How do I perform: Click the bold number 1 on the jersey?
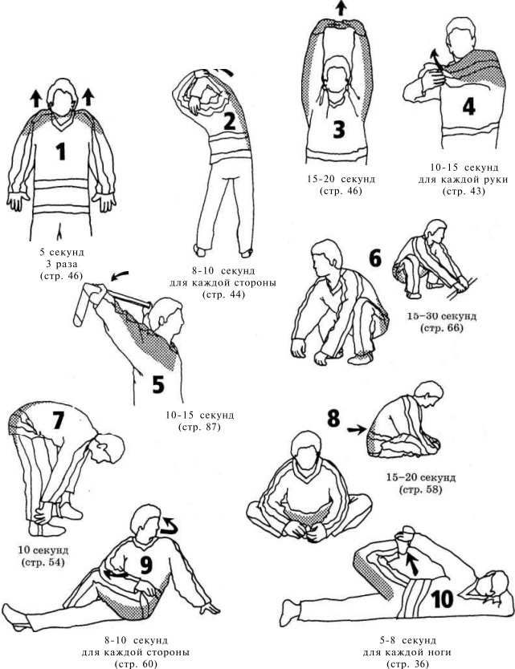click(61, 152)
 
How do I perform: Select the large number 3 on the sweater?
click(339, 129)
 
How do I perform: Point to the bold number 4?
click(469, 107)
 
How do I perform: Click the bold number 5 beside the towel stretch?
click(158, 384)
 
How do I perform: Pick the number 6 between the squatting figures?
click(375, 258)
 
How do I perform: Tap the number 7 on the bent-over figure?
click(58, 420)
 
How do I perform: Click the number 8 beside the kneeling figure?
click(333, 418)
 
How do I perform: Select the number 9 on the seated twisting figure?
click(146, 566)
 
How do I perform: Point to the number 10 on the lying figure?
click(442, 599)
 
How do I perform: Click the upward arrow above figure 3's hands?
click(340, 8)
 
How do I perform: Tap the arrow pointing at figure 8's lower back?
click(357, 430)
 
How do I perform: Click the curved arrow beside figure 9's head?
click(168, 525)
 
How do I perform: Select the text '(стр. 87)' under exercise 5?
click(199, 427)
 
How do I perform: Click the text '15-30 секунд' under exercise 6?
click(442, 316)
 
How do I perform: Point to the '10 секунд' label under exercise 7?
click(43, 550)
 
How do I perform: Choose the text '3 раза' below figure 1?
click(62, 264)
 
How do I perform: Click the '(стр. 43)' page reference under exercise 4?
click(464, 191)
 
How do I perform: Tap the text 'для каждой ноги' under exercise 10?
click(407, 652)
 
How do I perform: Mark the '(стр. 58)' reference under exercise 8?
click(420, 489)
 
